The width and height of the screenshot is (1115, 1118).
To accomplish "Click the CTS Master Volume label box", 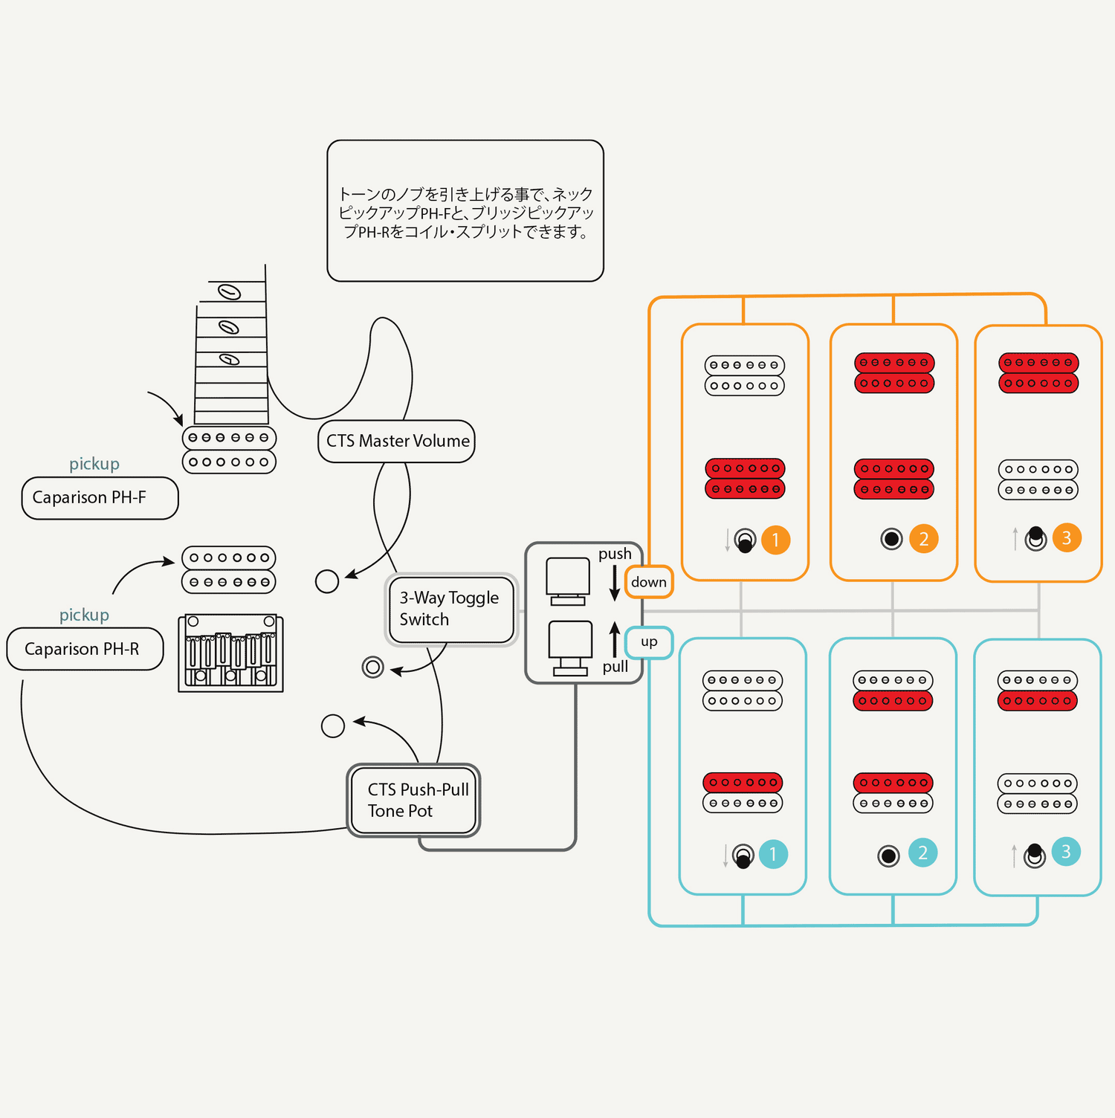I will (396, 442).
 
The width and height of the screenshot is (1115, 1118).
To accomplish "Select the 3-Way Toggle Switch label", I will (451, 610).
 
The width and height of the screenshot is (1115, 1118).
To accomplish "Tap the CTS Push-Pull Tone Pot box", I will (414, 800).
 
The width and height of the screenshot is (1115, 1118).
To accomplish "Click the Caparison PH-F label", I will (100, 498).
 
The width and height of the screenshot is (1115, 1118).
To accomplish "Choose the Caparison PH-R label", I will (85, 649).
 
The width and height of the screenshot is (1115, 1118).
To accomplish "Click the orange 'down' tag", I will (649, 582).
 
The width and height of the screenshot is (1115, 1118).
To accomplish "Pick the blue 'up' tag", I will (649, 642).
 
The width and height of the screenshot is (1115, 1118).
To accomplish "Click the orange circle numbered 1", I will (775, 540).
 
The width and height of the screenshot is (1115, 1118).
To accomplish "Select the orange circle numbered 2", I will (923, 539).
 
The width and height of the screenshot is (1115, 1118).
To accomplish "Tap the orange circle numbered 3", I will (1067, 537).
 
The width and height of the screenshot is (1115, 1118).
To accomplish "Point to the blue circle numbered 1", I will (773, 854).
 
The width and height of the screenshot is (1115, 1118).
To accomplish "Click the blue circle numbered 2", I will (922, 853).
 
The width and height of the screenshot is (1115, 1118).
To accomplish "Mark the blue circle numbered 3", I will (1066, 852).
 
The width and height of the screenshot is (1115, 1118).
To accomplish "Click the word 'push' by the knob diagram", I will (615, 554).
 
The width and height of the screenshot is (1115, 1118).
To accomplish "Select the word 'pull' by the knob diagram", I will (615, 667).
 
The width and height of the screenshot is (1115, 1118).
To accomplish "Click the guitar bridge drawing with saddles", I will (230, 653).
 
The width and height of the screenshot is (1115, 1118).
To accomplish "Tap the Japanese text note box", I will (465, 211).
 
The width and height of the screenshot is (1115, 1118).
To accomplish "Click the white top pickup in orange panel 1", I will (744, 375).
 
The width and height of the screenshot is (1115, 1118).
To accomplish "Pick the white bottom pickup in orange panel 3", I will (1038, 479).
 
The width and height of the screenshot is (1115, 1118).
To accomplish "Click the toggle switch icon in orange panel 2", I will (891, 539).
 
